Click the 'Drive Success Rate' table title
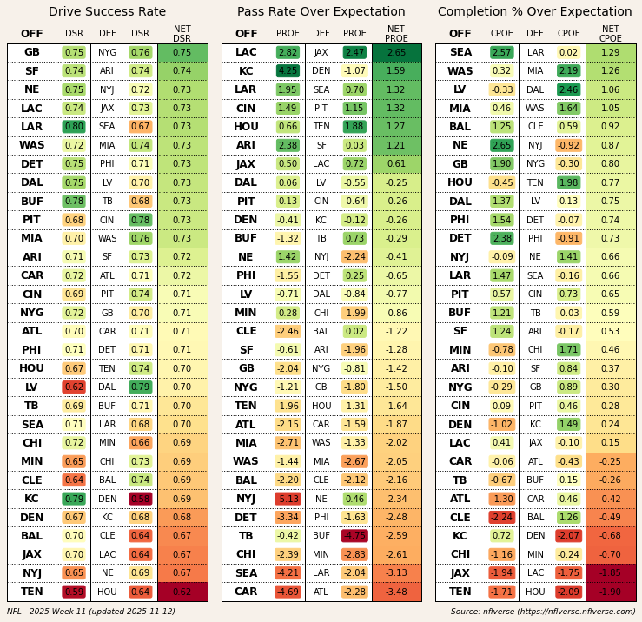[107, 12]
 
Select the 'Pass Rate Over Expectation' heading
[321, 12]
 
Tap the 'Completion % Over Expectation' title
[535, 12]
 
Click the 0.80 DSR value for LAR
[74, 127]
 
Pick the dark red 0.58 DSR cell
[140, 499]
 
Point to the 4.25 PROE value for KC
[288, 71]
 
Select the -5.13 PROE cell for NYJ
[288, 499]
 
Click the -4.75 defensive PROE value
[354, 536]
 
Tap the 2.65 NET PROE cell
[396, 53]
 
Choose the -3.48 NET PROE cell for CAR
[396, 592]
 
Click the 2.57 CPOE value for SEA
[501, 53]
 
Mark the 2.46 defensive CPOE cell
[568, 89]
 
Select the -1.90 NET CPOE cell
[610, 592]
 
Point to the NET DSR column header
[182, 34]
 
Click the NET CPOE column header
[610, 34]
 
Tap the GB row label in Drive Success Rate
[32, 53]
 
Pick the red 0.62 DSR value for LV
[74, 387]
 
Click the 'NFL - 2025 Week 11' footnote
[91, 612]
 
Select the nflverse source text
[543, 612]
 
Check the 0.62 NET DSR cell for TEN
[182, 592]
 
